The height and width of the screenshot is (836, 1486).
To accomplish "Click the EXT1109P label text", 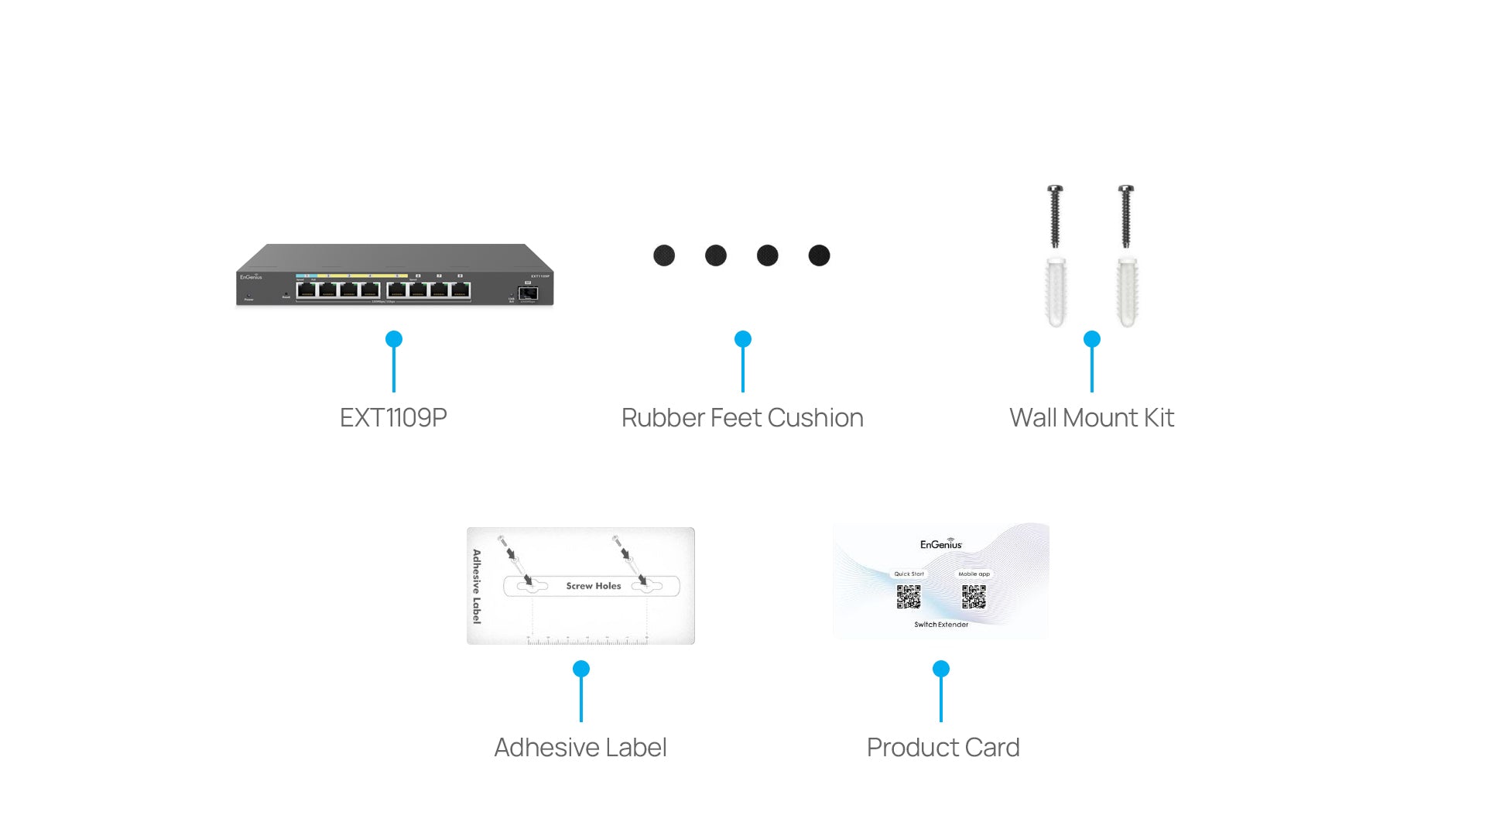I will [x=393, y=418].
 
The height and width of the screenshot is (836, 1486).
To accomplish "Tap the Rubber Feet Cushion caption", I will [x=742, y=418].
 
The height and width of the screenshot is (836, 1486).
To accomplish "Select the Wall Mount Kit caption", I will [x=1091, y=418].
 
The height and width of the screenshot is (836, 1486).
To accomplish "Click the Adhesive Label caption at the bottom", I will [x=580, y=748].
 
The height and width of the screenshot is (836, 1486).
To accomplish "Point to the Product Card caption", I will [x=943, y=748].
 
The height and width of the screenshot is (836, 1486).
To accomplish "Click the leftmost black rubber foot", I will [x=664, y=255].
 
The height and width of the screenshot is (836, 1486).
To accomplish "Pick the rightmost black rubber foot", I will [x=819, y=255].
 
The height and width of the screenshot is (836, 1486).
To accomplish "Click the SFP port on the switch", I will [x=528, y=293].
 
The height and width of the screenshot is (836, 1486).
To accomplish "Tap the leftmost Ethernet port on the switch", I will [x=306, y=290].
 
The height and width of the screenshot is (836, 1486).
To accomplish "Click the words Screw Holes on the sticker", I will [x=594, y=586].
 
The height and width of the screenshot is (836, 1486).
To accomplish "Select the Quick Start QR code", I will [x=909, y=597].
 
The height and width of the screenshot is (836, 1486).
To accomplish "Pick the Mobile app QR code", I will [x=974, y=597].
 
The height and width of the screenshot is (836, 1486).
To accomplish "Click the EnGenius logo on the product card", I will [x=941, y=544].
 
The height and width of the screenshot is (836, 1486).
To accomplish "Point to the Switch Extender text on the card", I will [x=941, y=625].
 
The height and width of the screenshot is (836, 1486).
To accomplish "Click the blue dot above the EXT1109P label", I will [x=394, y=339].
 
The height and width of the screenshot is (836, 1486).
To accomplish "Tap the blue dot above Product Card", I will [x=941, y=669].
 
